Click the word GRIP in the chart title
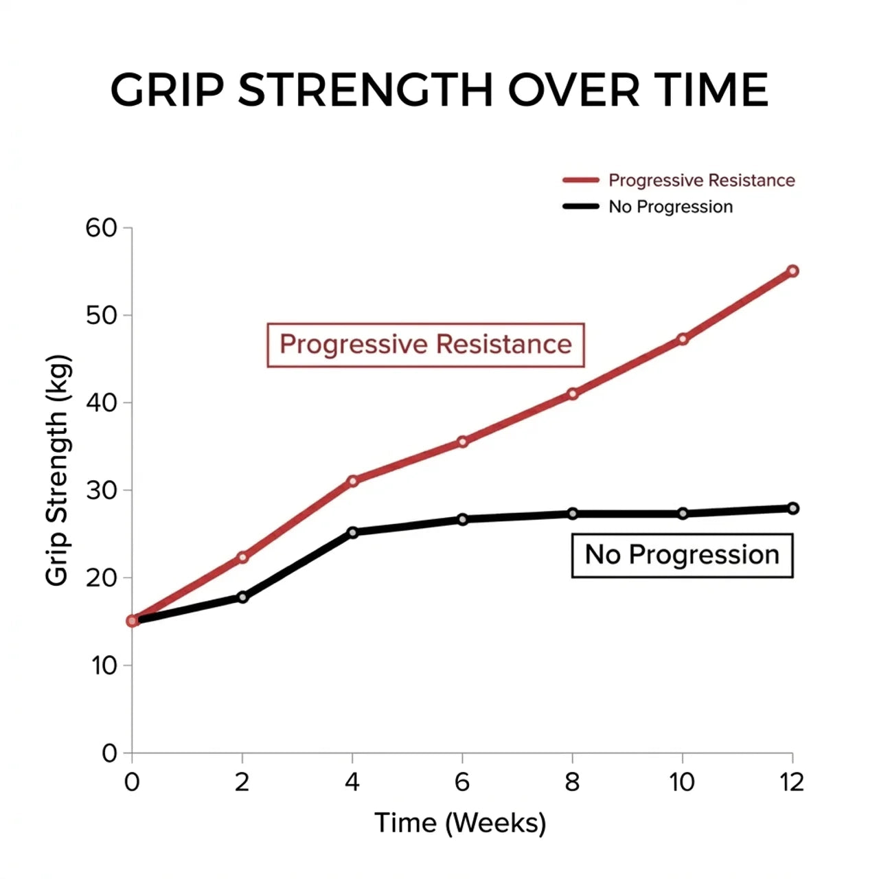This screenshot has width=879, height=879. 168,89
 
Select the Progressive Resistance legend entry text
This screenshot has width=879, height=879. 701,181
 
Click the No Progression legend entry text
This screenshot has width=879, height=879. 670,207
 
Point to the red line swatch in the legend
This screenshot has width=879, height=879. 581,181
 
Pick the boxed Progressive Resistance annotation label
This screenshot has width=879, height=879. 425,345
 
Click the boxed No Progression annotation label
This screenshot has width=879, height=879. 682,555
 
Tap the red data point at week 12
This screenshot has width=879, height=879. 792,271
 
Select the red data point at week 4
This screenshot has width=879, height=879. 352,481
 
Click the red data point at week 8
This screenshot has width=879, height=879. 573,393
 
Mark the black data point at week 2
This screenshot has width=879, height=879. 242,597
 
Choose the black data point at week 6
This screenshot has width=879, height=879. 462,519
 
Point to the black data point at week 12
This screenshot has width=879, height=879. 792,508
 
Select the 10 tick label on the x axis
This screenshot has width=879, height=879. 682,782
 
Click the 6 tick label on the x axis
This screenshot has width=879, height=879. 462,782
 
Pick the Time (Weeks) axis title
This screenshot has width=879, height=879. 460,823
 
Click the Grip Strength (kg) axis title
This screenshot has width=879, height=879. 58,470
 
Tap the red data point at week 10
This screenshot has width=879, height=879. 683,339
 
